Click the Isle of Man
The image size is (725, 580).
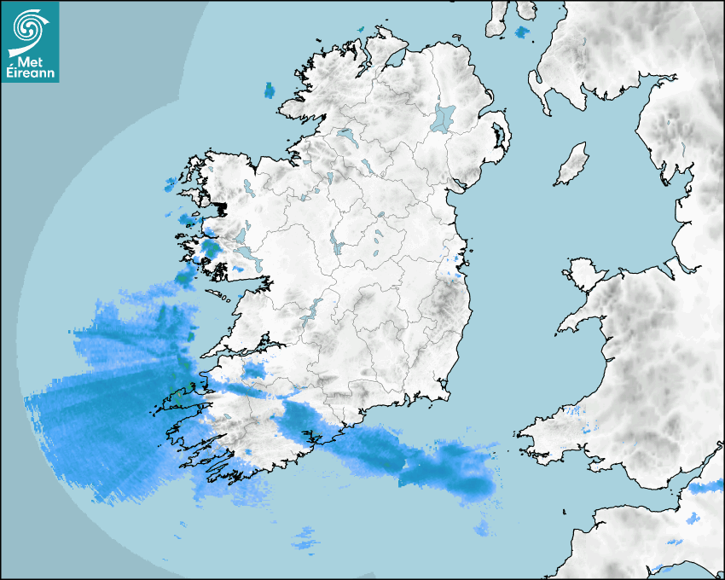pyautogui.click(x=572, y=164)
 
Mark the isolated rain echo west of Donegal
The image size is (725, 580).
pyautogui.click(x=270, y=90)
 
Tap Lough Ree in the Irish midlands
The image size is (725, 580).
pyautogui.click(x=338, y=246)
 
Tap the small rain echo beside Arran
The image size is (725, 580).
pyautogui.click(x=522, y=33)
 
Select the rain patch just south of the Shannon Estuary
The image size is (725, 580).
pyautogui.click(x=255, y=370)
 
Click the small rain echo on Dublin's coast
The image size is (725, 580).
pyautogui.click(x=459, y=271)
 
